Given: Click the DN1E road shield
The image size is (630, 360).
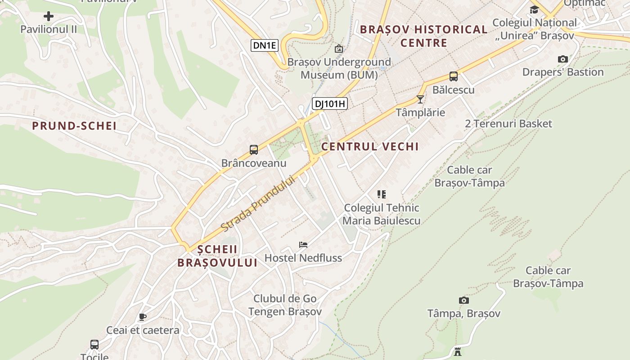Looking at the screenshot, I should (264, 45).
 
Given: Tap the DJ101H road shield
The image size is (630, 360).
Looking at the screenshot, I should (330, 104).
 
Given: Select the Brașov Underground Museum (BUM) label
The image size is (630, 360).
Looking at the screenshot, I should (339, 68).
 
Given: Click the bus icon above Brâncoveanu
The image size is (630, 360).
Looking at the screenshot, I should (254, 150).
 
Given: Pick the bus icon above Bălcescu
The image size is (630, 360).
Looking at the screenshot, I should (454, 76).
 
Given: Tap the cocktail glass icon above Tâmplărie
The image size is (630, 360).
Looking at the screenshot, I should (420, 99).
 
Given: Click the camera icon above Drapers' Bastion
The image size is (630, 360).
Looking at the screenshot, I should (562, 59).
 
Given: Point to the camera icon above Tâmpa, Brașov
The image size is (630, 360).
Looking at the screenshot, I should (464, 300).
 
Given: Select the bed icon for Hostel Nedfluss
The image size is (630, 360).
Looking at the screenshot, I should (303, 245).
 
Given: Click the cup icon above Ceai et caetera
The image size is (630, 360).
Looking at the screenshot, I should (143, 317).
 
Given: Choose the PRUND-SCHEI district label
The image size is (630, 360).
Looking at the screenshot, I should (74, 126).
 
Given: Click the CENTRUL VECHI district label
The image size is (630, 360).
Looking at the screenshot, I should (370, 146).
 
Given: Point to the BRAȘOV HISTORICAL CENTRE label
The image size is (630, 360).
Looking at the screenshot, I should (423, 36).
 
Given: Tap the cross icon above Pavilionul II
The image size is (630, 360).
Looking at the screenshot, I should (49, 17).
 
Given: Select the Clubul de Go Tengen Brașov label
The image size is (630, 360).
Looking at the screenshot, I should (285, 305).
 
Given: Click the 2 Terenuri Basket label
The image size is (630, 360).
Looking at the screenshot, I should (508, 124).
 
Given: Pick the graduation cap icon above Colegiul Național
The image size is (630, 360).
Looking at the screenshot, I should (534, 10).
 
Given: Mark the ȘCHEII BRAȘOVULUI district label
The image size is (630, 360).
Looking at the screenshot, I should (217, 256).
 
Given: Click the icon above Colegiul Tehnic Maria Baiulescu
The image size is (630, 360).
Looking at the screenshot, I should (382, 194).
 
